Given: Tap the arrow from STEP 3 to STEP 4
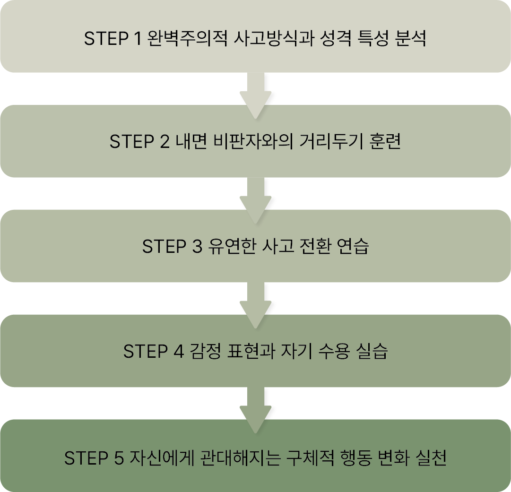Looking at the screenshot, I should coord(255,303).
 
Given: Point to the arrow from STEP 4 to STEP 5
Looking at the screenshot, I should coord(255,408).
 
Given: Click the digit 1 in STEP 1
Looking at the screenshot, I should coord(137,38).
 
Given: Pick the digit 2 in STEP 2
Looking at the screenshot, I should coord(164,142).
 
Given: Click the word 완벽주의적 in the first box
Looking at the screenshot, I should coord(188,38).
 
